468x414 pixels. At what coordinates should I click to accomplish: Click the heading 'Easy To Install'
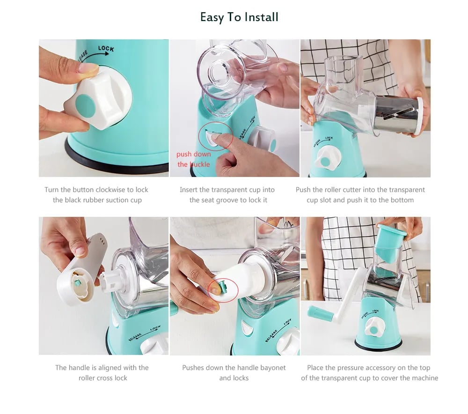coord(239,17)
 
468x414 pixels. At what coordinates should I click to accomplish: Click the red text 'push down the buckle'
coord(193,159)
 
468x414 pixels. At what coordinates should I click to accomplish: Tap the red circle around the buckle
coord(216,136)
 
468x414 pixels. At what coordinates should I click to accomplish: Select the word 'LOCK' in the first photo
coord(106,49)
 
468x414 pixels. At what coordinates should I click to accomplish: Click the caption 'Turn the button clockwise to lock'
coord(96,190)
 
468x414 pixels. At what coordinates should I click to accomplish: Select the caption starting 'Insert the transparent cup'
coord(227,190)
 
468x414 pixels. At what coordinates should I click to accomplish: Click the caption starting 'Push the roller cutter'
coord(360,190)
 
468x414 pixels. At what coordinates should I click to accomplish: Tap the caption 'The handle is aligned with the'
coord(102,368)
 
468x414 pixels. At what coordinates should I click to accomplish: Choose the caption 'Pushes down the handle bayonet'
coord(234,368)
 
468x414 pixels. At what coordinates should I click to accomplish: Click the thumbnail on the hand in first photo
coord(88,68)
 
